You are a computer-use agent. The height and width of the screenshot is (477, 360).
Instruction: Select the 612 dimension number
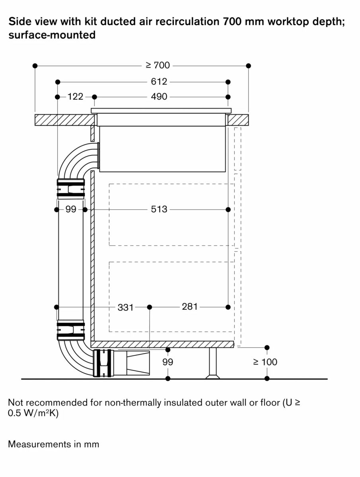coord(159,82)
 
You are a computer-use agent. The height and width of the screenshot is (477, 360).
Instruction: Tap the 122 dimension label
coord(75,97)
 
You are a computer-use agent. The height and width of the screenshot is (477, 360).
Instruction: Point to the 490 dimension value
coord(159,97)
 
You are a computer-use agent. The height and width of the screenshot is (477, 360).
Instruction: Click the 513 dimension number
coord(159,209)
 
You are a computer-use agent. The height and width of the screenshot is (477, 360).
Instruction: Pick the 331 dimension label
coord(125,307)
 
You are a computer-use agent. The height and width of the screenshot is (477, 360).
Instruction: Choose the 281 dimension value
coord(189,307)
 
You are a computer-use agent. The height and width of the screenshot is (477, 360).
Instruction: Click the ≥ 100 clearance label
coord(265,362)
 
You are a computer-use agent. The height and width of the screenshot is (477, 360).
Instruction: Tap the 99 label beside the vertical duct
coord(71,209)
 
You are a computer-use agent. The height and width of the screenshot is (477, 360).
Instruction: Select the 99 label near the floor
coord(168,362)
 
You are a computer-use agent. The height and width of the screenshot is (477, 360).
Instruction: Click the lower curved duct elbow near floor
coord(76,358)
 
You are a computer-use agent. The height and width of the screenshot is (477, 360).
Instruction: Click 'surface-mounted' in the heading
coord(52,35)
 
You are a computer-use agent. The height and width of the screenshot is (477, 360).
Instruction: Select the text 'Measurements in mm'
coord(53,444)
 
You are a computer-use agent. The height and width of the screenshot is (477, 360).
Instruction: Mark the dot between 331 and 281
coord(150,307)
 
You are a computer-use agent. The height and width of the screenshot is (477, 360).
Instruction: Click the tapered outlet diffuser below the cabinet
coord(137,363)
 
